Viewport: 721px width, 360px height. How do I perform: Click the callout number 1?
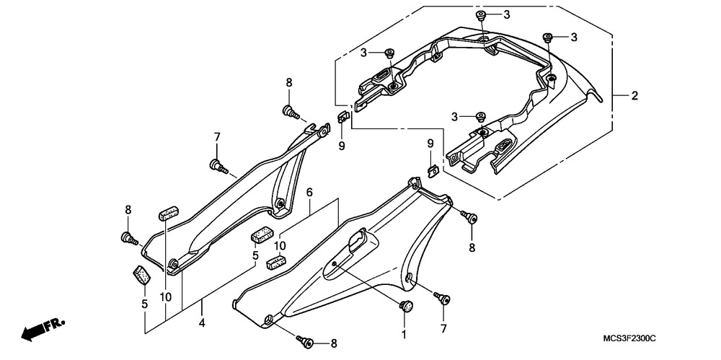(404, 335)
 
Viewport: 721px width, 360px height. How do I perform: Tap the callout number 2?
(634, 96)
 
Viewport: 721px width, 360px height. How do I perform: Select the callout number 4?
(201, 323)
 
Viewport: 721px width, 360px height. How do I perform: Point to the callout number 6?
(309, 191)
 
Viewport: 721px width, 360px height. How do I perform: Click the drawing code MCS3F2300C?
(629, 339)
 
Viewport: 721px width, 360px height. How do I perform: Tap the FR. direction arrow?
(43, 329)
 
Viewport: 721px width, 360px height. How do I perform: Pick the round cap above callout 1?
(405, 305)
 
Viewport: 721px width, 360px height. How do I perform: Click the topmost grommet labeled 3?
(481, 15)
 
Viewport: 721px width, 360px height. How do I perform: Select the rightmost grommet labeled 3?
(547, 38)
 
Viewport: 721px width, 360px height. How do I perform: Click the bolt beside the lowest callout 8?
(304, 341)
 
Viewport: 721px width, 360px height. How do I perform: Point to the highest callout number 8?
(289, 83)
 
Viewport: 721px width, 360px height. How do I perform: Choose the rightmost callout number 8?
(472, 247)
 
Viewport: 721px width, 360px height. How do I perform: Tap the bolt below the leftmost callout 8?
(130, 239)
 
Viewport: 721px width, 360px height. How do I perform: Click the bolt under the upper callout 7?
(219, 166)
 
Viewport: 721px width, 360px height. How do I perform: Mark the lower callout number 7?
(443, 329)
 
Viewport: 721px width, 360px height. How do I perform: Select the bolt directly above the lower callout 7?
(442, 298)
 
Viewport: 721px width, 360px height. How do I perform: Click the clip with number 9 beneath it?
(342, 118)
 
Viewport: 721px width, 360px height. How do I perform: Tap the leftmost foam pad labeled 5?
(142, 275)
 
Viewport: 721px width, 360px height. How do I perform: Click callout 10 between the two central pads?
(280, 246)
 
